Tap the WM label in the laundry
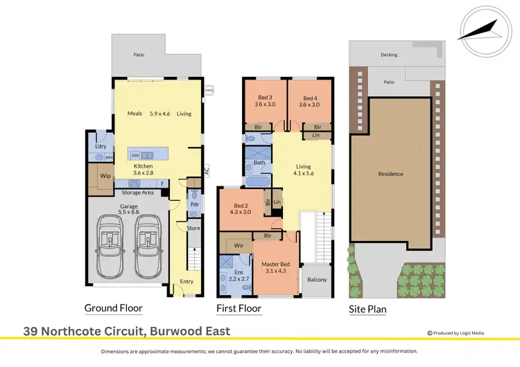point(109,158)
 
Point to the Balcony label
point(317,280)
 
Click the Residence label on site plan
point(390,174)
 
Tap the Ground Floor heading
point(113,308)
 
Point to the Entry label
point(187,281)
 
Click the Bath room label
point(259,163)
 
